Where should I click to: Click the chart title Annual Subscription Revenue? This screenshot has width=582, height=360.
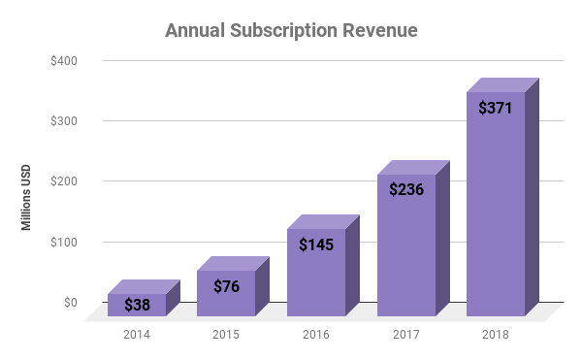(x=291, y=30)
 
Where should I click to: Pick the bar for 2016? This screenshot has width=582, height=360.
(x=316, y=272)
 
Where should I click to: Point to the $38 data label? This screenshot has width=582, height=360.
(x=137, y=305)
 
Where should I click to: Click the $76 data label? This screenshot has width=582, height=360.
(x=226, y=285)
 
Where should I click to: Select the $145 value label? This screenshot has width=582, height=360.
(x=316, y=245)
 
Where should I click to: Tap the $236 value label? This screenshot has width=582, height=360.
(x=406, y=190)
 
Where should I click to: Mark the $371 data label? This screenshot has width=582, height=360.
(x=496, y=108)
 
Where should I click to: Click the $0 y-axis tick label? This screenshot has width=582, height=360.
(x=69, y=302)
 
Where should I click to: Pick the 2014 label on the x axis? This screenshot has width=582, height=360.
(x=137, y=335)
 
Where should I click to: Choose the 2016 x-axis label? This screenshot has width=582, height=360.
(x=316, y=335)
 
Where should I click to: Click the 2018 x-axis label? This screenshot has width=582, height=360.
(x=496, y=335)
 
